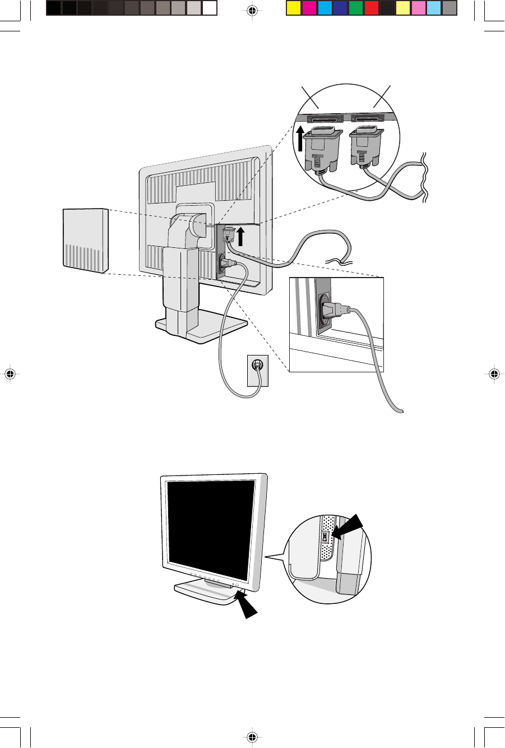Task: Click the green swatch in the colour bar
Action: click(355, 8)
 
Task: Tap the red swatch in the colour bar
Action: click(371, 8)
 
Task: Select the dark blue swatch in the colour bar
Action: click(340, 8)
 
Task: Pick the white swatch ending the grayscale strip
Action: click(209, 8)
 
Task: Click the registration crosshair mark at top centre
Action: click(252, 10)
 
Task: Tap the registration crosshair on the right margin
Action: click(493, 374)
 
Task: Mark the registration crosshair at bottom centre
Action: click(252, 737)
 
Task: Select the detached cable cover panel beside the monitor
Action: click(84, 241)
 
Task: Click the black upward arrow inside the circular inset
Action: click(301, 138)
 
